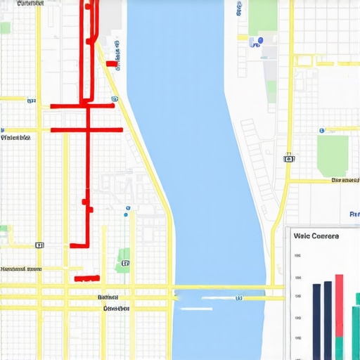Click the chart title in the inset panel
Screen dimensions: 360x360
coord(316,236)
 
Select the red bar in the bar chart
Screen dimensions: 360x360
coord(339,305)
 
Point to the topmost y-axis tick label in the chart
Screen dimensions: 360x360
coord(299,256)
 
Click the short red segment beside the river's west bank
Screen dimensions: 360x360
coord(111,63)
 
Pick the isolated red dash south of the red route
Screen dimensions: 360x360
coord(86,278)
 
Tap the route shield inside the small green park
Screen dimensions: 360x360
coord(125,263)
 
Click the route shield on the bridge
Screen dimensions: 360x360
coord(238,297)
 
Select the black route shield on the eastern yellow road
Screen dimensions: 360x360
coord(288,159)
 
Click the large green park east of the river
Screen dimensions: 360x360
coord(333,155)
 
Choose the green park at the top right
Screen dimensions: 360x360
coord(263,15)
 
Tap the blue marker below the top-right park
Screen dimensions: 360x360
coord(260,41)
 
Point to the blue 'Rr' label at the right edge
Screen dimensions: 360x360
coord(354,213)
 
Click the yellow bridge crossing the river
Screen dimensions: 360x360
coord(218,287)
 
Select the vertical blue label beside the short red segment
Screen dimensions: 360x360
coord(117,56)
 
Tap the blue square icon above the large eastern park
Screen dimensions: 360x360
coord(321,130)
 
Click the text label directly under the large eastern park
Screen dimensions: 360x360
coord(345,181)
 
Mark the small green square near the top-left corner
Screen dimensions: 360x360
coord(5,27)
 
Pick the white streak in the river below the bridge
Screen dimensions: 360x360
coord(197,307)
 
